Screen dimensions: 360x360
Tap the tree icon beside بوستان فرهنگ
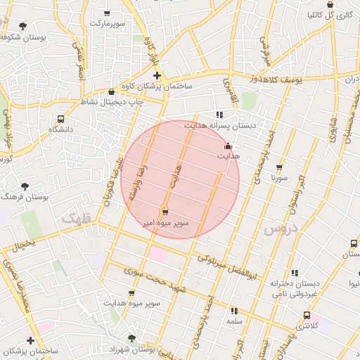coord(25,186)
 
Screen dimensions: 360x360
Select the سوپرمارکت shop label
coord(107,24)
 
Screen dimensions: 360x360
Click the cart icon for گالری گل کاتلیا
coord(343,13)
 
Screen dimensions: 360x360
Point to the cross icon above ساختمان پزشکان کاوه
coord(156,75)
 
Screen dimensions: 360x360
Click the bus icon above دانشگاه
coord(61,119)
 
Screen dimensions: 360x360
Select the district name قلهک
coord(77,219)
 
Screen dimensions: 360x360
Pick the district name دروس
coord(280,230)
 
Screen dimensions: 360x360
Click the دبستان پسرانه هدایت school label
coord(219,125)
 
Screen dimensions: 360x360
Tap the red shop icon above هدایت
coord(227,146)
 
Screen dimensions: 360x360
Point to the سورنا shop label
coord(279,179)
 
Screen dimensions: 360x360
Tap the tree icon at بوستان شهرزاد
coord(130,339)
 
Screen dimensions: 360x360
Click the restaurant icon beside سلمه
coord(233,310)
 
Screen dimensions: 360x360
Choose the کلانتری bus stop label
coord(306,326)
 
